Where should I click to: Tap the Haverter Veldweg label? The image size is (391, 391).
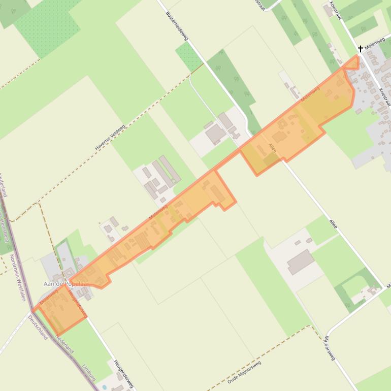110,138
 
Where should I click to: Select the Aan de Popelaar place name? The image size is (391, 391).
66,283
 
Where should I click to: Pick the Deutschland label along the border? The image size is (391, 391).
38,327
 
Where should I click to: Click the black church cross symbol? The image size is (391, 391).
361,49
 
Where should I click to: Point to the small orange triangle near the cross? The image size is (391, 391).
352,63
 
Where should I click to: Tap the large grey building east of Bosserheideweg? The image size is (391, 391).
215,134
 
